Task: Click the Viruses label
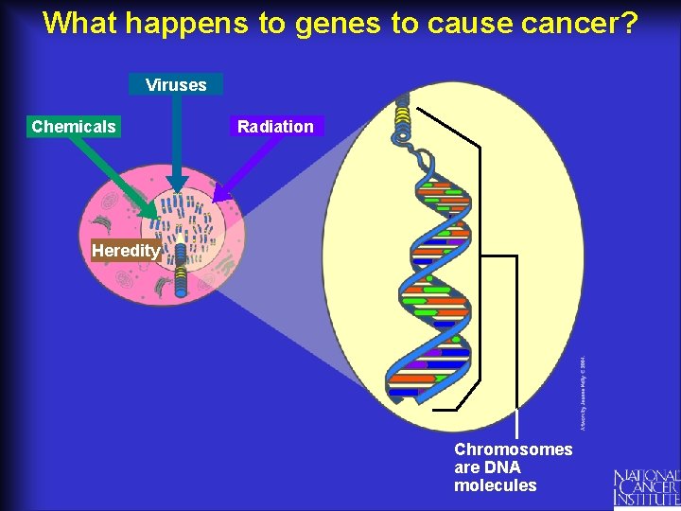click(x=176, y=85)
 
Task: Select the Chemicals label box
click(x=74, y=127)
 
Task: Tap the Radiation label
click(x=275, y=127)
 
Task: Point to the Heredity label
click(x=125, y=251)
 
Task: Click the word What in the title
click(x=79, y=23)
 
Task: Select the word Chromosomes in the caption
click(x=513, y=449)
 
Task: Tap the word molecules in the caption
click(x=495, y=485)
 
